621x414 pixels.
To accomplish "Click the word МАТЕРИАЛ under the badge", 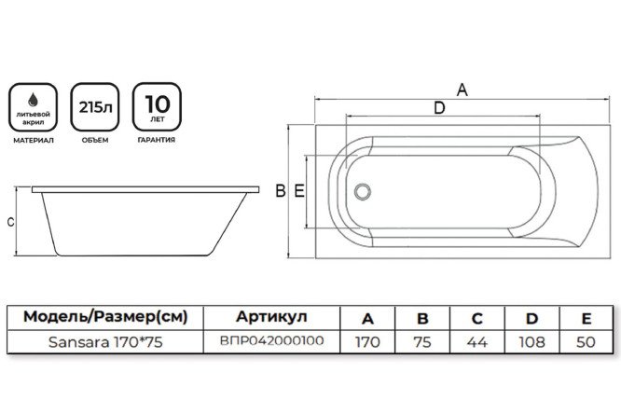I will coord(34,141).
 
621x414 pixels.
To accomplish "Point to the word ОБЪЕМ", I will coord(94,141).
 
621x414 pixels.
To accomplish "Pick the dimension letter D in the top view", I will coord(438,109).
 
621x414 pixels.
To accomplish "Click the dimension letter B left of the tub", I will coord(280,191).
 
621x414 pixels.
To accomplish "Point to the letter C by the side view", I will coord(9,222).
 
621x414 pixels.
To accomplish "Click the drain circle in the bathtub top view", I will coord(362,191).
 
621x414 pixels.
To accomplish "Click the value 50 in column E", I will coord(586,342).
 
